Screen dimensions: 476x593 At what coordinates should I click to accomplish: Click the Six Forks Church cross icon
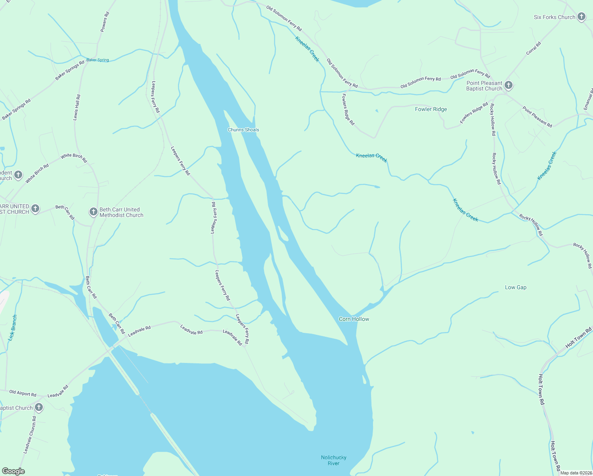(x=581, y=17)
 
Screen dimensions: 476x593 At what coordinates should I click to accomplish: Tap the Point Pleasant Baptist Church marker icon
(x=508, y=85)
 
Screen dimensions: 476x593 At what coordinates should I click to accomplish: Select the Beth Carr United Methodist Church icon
(x=93, y=212)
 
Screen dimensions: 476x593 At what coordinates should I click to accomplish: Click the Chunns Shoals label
(x=243, y=130)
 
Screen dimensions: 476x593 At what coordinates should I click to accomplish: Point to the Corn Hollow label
(x=354, y=319)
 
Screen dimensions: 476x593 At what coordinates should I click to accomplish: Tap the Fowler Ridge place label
(x=430, y=109)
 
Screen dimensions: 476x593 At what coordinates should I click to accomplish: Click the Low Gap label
(x=515, y=287)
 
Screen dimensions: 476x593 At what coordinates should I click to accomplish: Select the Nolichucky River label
(x=333, y=460)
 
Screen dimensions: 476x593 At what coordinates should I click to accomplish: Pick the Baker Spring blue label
(x=98, y=60)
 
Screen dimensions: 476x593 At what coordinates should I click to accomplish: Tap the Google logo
(x=13, y=471)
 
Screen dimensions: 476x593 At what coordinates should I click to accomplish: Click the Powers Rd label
(x=104, y=22)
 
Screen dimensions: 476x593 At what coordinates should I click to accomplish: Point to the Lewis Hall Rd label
(x=77, y=107)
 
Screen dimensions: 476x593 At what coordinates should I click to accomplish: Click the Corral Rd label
(x=533, y=48)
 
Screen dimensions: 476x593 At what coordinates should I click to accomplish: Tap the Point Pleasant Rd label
(x=537, y=117)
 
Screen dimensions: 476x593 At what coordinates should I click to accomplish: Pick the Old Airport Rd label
(x=23, y=393)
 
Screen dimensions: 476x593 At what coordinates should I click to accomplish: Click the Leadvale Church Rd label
(x=30, y=435)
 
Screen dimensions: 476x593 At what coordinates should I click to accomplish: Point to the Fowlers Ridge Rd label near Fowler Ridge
(x=474, y=113)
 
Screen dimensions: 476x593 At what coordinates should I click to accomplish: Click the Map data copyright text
(x=576, y=473)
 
